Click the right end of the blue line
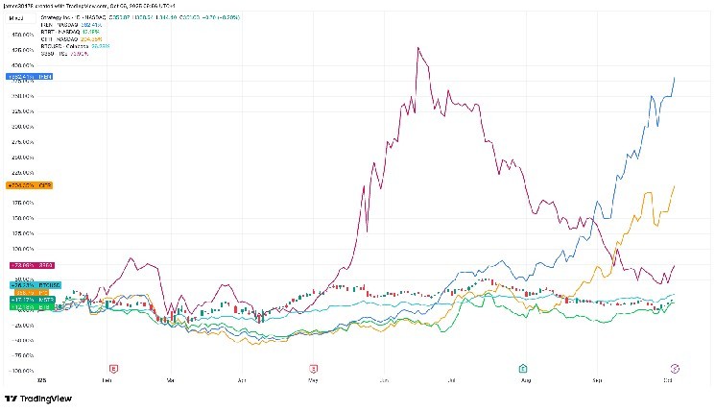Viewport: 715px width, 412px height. (676, 77)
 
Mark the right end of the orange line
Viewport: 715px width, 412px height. (676, 186)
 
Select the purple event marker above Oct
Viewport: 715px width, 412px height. (675, 368)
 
